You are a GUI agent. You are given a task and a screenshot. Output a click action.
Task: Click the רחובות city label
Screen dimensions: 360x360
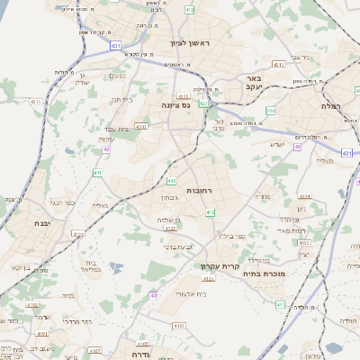(198, 191)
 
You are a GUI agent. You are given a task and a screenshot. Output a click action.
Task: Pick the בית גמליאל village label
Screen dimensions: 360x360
(89, 267)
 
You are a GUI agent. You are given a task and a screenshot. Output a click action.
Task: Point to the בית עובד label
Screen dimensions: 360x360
(111, 129)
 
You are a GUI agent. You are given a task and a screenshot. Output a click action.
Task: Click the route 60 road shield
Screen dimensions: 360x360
(297, 146)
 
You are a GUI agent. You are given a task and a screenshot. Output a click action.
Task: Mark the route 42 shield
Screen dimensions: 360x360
(106, 148)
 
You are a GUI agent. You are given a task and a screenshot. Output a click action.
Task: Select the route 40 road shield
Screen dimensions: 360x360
(154, 294)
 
